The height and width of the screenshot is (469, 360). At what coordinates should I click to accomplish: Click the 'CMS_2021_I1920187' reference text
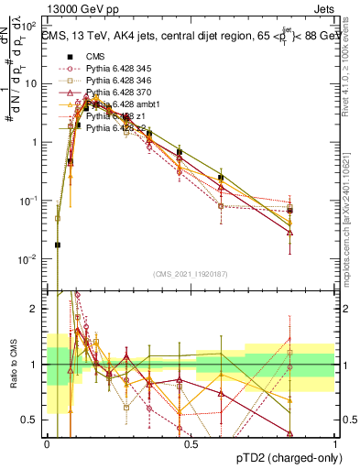(x=191, y=273)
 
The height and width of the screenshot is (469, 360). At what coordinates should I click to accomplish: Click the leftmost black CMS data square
(x=58, y=245)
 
